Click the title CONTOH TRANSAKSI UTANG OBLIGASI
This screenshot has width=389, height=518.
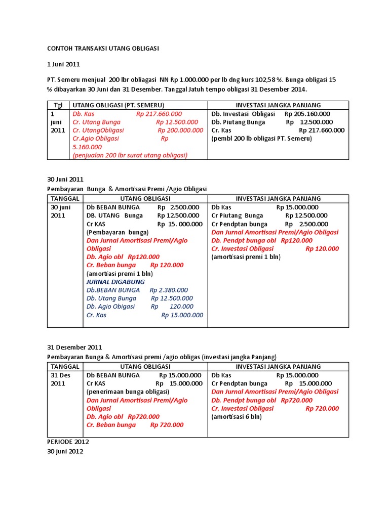coord(103,48)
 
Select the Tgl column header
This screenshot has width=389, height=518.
coord(57,105)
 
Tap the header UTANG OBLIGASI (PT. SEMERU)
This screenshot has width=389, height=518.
coord(126,105)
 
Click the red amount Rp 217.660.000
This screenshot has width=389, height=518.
coord(159,114)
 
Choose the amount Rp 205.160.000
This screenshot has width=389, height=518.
coord(307,114)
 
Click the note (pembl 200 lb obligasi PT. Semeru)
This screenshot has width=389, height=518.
coord(261,138)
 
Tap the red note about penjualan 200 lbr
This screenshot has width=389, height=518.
coord(130,155)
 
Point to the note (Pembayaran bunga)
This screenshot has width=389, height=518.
coord(118,232)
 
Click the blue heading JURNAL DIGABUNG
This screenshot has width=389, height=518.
coord(115,282)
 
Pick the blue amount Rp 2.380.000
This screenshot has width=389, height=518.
coord(169,290)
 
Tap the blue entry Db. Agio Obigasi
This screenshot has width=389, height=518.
coord(111,307)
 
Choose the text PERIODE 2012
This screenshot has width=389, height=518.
coord(68,441)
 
